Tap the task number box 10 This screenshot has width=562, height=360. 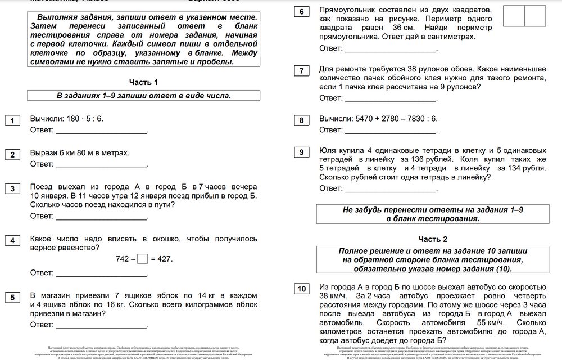click(x=302, y=289)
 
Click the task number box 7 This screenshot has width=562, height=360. click(x=302, y=71)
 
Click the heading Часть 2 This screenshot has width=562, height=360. click(x=433, y=238)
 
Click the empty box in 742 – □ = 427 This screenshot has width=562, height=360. click(x=142, y=259)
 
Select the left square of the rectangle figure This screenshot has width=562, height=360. click(x=513, y=16)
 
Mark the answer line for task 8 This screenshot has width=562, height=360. click(x=391, y=132)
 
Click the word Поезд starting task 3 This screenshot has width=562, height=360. click(x=42, y=186)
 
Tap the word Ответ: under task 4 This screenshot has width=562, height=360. click(x=42, y=273)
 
